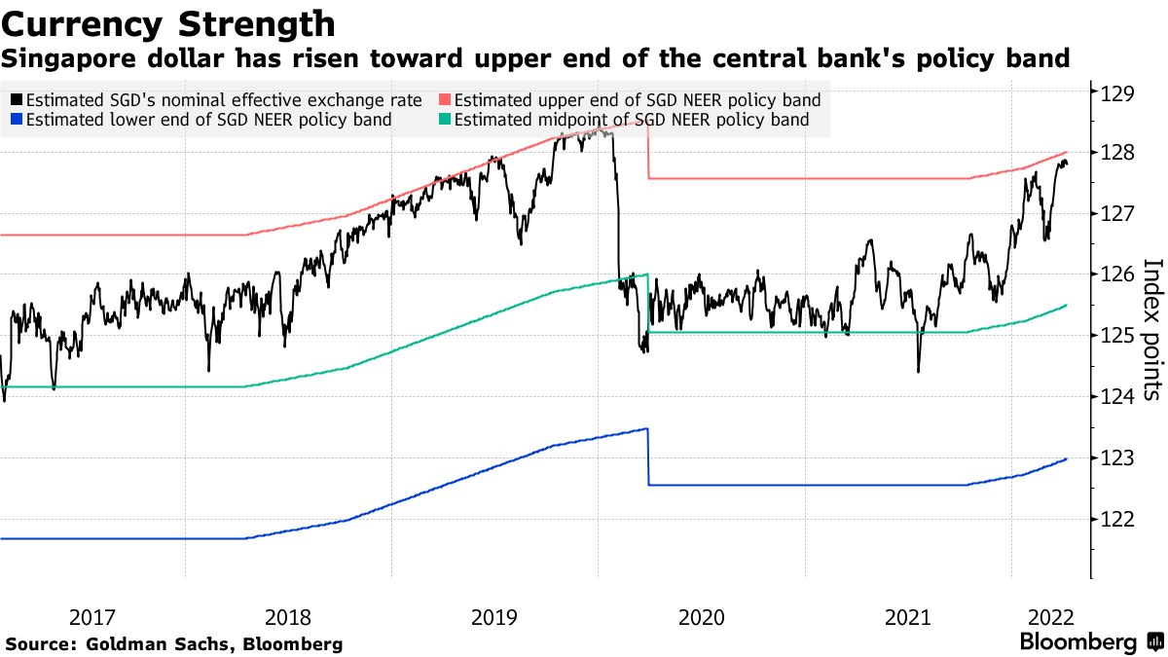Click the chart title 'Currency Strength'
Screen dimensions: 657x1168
pyautogui.click(x=169, y=23)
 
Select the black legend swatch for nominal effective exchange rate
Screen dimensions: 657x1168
pyautogui.click(x=18, y=100)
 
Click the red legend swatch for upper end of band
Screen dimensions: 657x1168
pyautogui.click(x=445, y=100)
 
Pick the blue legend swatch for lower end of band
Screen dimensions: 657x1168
pyautogui.click(x=18, y=121)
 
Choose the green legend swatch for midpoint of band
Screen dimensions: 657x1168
pyautogui.click(x=445, y=121)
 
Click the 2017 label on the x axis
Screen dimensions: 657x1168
pyautogui.click(x=93, y=617)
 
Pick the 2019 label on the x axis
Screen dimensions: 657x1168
pyautogui.click(x=494, y=617)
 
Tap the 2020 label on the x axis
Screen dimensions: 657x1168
pyautogui.click(x=701, y=617)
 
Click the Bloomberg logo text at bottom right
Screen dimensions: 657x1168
pyautogui.click(x=1077, y=642)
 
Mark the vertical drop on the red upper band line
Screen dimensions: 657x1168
pyautogui.click(x=648, y=151)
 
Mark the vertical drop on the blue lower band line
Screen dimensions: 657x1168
pyautogui.click(x=648, y=457)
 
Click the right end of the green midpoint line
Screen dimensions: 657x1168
pyautogui.click(x=1067, y=305)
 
